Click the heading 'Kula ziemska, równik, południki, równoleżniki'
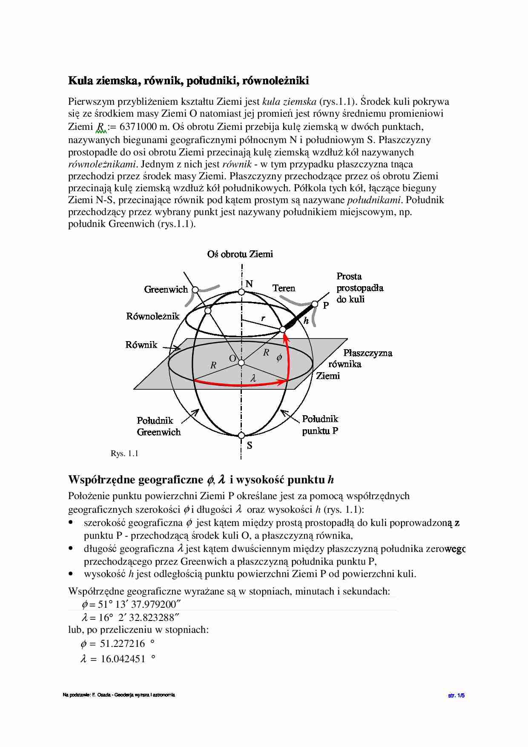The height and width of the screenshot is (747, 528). pos(189,80)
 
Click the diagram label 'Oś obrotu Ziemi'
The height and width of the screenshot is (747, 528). pos(240,254)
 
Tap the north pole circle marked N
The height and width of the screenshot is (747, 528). pos(241,292)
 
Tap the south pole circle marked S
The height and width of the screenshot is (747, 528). pos(241,436)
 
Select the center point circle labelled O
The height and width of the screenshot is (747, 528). pos(241,362)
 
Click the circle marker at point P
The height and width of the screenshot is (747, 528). pos(315,304)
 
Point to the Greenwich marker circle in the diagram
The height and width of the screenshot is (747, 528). pos(195,290)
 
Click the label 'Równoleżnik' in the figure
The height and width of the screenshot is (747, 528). pos(153,316)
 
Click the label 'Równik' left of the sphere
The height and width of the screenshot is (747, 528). pos(141,345)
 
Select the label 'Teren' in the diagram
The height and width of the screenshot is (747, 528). pos(284,288)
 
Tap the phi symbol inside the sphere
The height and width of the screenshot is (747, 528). pos(279,358)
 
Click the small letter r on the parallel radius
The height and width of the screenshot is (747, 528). pos(264,318)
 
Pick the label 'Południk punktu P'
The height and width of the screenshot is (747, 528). pos(320,425)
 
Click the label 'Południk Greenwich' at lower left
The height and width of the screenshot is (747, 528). pos(158,426)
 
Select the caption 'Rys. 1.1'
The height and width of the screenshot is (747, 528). pos(124,454)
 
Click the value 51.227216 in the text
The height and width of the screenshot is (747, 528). pos(122,644)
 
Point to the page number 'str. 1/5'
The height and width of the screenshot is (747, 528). pos(456,695)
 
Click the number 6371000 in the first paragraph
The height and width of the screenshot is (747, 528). pos(140,126)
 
